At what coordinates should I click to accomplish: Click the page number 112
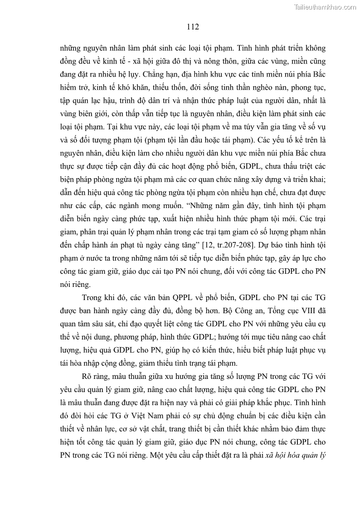tap(193, 27)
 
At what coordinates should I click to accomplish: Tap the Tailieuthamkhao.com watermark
tap(326, 7)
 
